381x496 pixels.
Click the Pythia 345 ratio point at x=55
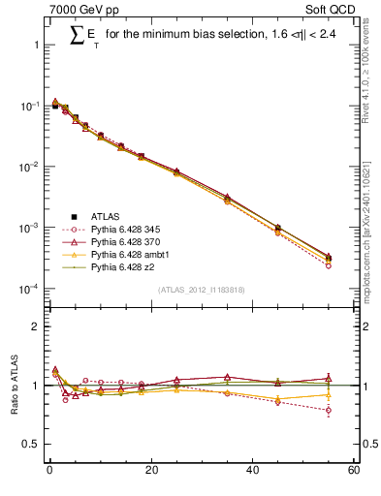pyautogui.click(x=328, y=411)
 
